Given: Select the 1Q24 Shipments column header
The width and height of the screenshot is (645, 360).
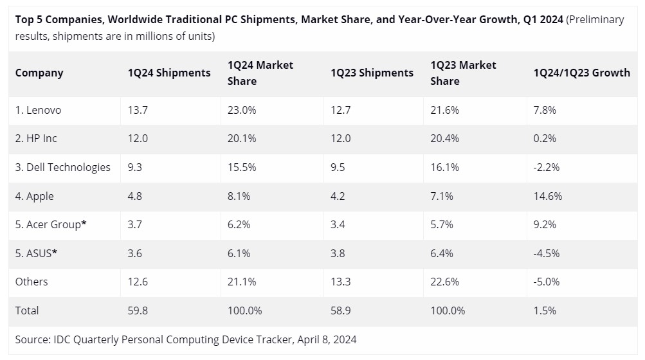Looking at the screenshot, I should click(169, 73).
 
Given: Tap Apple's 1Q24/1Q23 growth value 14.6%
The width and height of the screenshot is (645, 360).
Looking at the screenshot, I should click(547, 196).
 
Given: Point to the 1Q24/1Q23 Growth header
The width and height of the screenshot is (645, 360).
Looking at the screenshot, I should click(581, 73).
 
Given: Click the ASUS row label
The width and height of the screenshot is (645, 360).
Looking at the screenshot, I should click(36, 253).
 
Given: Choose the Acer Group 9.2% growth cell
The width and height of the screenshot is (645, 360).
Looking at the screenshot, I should click(545, 224).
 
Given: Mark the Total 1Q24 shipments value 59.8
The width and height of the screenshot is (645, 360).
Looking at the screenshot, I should click(138, 310).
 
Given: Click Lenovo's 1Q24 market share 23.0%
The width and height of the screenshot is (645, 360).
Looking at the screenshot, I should click(242, 110).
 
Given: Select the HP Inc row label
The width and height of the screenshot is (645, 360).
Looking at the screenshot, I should click(36, 138).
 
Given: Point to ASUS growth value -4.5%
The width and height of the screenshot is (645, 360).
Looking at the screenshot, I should click(546, 253).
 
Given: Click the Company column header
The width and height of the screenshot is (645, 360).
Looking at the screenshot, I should click(39, 73).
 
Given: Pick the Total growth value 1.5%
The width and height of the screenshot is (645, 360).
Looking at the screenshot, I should click(545, 310).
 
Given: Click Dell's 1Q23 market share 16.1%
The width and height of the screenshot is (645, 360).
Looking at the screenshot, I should click(444, 167).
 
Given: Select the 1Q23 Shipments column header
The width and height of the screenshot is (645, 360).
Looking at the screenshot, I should click(372, 73).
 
